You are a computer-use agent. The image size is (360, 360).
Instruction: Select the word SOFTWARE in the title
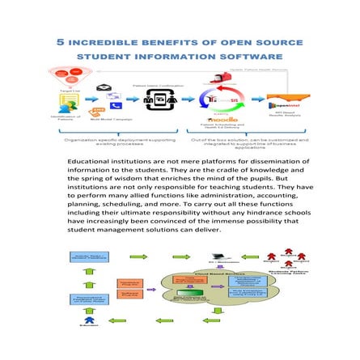[256, 57]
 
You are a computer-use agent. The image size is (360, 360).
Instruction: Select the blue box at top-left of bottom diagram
[89, 258]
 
